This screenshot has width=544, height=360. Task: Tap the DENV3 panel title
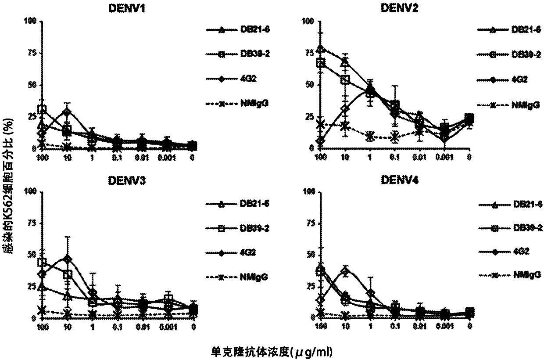(118, 178)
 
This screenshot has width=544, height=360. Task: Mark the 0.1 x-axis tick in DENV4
(396, 328)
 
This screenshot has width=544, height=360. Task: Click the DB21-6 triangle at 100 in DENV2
(320, 49)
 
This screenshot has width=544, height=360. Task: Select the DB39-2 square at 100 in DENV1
(42, 109)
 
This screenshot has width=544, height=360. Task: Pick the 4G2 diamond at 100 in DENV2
(320, 141)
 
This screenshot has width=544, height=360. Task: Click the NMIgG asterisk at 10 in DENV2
(345, 126)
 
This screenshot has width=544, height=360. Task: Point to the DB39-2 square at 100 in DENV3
(42, 263)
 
